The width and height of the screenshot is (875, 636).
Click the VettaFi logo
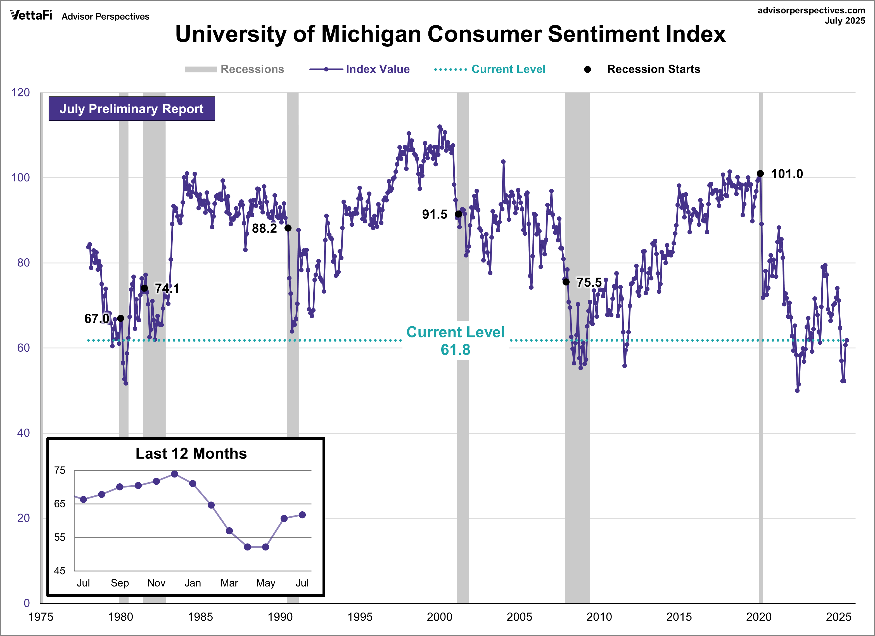tap(31, 15)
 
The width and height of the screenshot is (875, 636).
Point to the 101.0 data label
tap(787, 174)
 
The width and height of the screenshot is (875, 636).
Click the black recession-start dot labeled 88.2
tap(288, 228)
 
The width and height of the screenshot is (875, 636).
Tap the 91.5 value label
tap(434, 215)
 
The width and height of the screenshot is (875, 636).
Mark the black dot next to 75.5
tap(566, 282)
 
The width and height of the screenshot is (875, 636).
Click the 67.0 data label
tap(96, 319)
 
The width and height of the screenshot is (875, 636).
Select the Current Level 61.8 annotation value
tap(455, 350)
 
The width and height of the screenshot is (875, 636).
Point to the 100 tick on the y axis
tap(20, 178)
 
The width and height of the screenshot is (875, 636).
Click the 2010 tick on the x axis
tap(599, 617)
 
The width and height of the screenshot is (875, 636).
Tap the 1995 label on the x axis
tap(360, 617)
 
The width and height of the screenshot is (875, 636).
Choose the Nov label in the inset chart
tap(156, 583)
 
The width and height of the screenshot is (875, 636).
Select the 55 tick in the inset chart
tap(60, 537)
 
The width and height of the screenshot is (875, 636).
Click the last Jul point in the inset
tap(302, 515)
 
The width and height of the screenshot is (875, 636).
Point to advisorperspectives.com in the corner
tap(811, 10)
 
